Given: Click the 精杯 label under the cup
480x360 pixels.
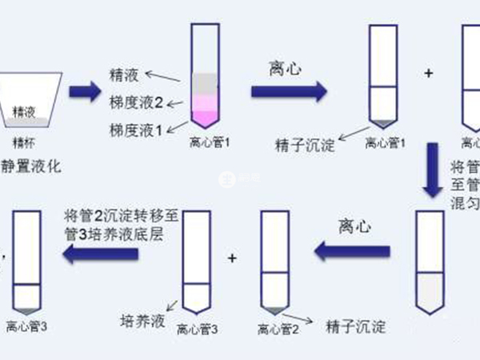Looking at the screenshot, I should [x=24, y=142].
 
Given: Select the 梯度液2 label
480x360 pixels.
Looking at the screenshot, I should [x=134, y=102].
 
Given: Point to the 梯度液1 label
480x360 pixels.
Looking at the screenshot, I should [x=134, y=129].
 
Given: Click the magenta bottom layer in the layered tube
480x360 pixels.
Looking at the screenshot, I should [x=210, y=118].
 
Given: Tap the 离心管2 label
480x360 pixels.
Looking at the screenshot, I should [x=278, y=328].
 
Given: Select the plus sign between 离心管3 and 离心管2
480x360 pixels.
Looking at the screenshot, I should [x=233, y=258].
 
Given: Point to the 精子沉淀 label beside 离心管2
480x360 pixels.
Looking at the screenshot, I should [x=356, y=327].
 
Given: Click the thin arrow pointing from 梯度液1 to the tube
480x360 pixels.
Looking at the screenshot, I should [x=178, y=126].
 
